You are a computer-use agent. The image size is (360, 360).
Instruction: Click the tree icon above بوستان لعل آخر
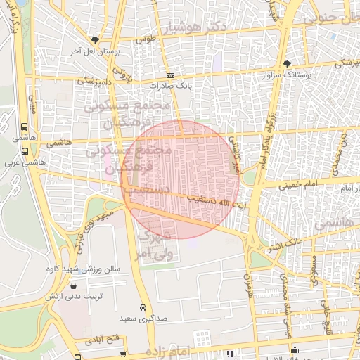(95, 40)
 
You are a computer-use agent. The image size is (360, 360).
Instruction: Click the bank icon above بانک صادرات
(169, 75)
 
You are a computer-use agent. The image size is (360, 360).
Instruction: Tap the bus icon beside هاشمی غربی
(25, 150)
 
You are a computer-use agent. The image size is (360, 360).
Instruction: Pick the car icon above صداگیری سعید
(143, 307)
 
